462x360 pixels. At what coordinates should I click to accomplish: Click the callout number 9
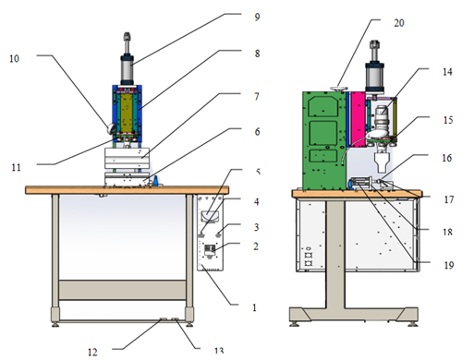(257, 17)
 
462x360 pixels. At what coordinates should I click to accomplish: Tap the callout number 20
(399, 23)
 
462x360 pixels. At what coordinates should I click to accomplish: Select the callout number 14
(447, 72)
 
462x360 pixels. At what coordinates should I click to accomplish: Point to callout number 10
(14, 58)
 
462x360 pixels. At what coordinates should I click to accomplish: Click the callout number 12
(92, 352)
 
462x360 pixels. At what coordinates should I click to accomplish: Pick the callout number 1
(254, 307)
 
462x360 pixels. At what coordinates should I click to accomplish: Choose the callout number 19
(449, 265)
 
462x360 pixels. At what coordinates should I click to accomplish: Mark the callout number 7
(257, 97)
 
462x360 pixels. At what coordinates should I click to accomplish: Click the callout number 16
(447, 158)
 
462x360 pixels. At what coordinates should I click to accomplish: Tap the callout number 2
(256, 246)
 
